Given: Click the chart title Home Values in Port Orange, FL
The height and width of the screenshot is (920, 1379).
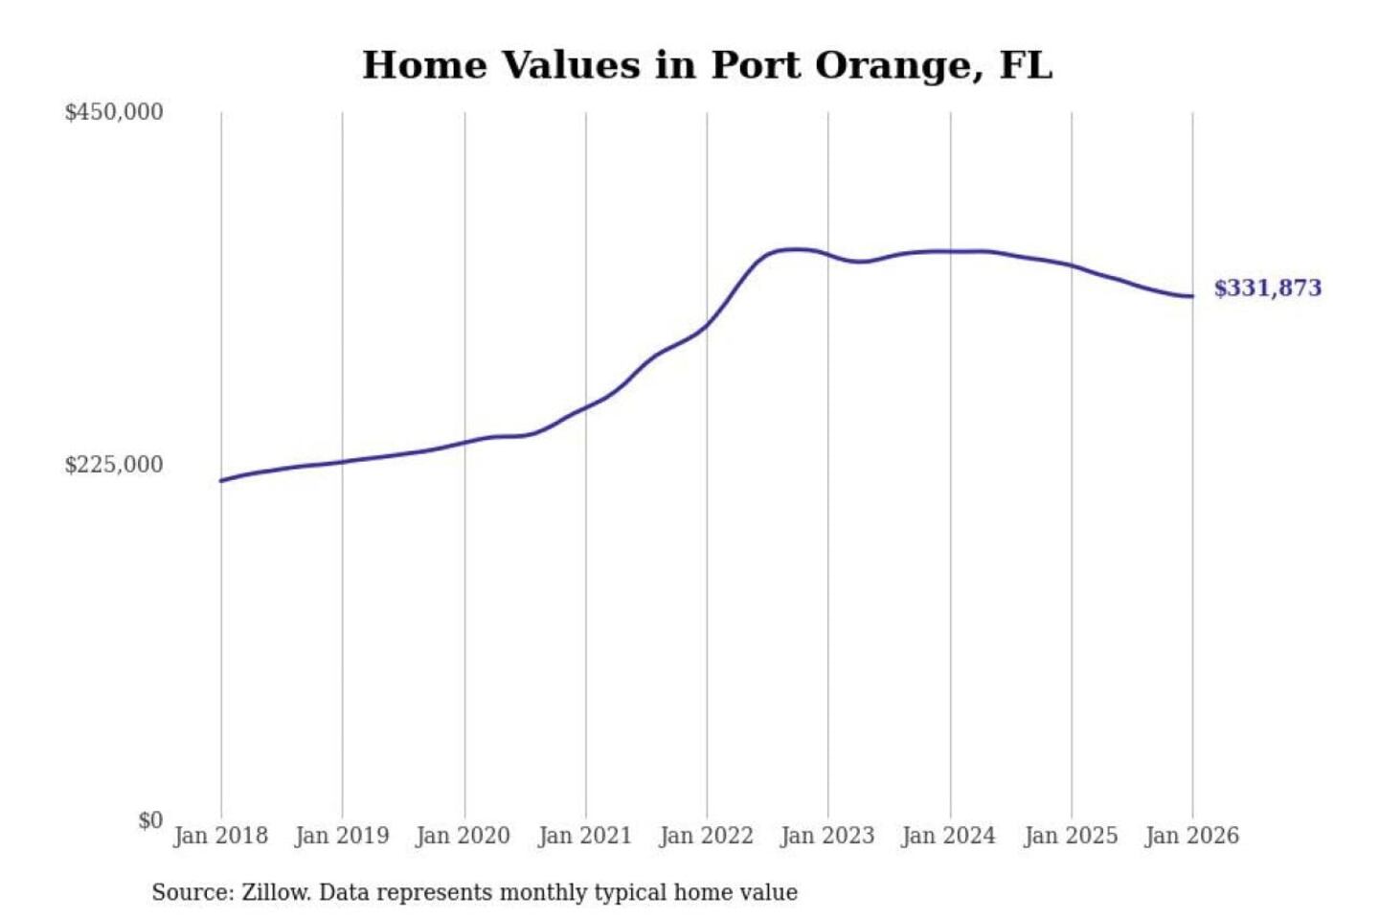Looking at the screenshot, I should pyautogui.click(x=707, y=65).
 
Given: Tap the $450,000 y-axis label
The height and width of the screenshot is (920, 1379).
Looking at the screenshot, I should pyautogui.click(x=114, y=112).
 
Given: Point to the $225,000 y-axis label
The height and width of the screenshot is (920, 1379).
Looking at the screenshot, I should pyautogui.click(x=114, y=465).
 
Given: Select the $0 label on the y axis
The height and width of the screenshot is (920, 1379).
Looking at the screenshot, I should pyautogui.click(x=150, y=820).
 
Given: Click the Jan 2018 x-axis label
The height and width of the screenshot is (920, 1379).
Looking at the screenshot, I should pyautogui.click(x=220, y=836).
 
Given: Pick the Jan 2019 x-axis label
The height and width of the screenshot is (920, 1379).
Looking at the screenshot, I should pyautogui.click(x=342, y=836).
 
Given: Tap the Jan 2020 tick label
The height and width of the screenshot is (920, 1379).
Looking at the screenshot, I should pyautogui.click(x=463, y=836).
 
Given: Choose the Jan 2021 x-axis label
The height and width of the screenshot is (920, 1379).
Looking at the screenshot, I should pyautogui.click(x=585, y=836).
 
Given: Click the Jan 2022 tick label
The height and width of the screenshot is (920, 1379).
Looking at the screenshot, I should pyautogui.click(x=707, y=836).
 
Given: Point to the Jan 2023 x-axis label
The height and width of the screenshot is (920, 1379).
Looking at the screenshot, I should pyautogui.click(x=827, y=836).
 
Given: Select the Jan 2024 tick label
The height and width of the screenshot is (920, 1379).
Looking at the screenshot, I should pyautogui.click(x=949, y=836).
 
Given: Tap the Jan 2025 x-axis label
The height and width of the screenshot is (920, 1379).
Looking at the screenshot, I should pyautogui.click(x=1071, y=836).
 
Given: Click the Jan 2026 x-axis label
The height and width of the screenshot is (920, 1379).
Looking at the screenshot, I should pyautogui.click(x=1192, y=836).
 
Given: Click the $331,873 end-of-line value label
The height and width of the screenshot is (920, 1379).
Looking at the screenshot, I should pyautogui.click(x=1267, y=288).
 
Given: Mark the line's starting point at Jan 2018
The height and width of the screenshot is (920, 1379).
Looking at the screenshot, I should pyautogui.click(x=221, y=480).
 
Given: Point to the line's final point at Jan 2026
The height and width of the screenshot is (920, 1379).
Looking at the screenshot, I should pyautogui.click(x=1192, y=296).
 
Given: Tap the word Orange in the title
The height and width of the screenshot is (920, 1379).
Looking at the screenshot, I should pyautogui.click(x=899, y=65).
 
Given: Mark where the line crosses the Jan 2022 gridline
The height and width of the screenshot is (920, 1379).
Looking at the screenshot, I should pyautogui.click(x=708, y=325).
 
